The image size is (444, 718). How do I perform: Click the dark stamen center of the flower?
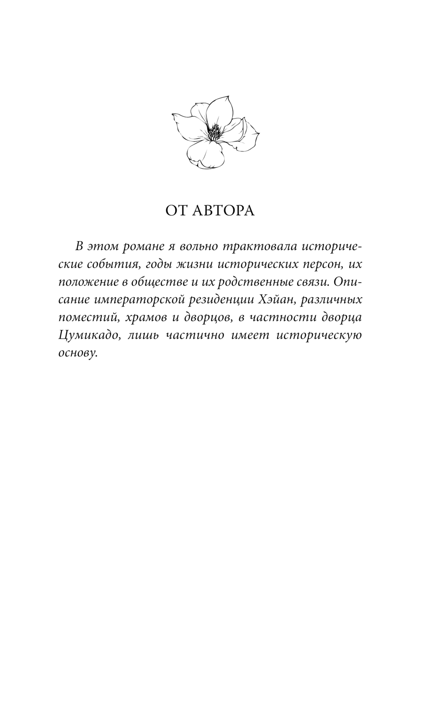(x=215, y=132)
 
